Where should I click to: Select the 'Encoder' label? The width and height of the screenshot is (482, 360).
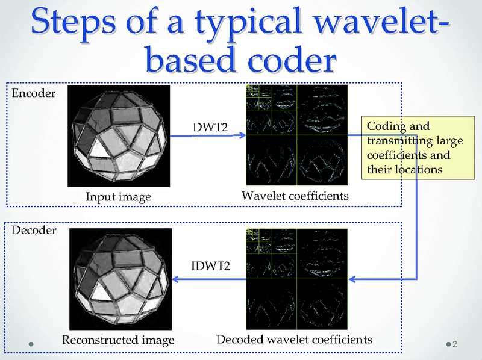click(34, 93)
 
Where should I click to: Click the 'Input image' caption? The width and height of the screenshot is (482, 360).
click(118, 197)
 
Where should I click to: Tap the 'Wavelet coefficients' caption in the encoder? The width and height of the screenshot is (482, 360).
click(295, 196)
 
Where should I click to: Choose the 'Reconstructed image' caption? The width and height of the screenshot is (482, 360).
click(118, 340)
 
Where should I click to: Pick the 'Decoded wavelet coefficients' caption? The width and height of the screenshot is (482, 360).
click(294, 339)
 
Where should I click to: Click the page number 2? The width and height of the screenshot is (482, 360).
click(454, 344)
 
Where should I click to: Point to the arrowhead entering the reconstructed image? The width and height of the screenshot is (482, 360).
click(177, 279)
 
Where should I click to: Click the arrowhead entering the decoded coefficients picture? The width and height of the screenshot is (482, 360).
click(353, 279)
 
